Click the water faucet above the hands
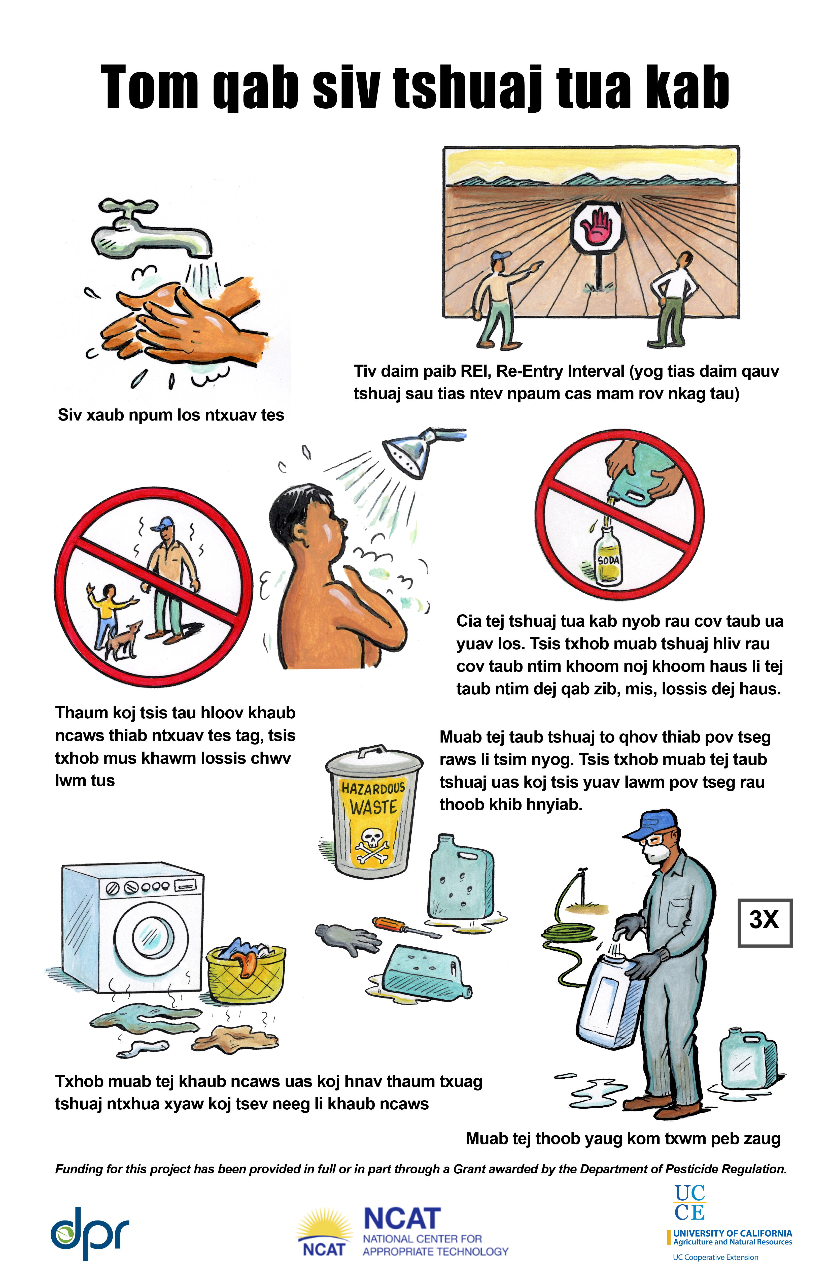coord(151,230)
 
